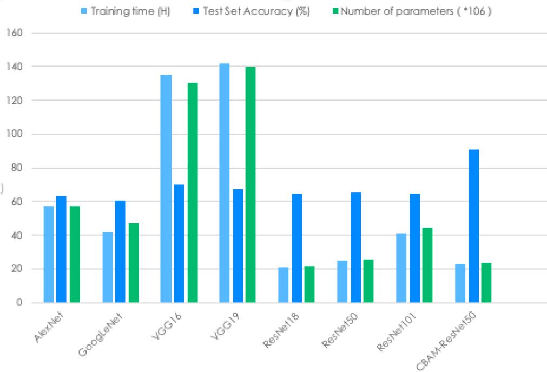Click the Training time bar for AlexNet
pyautogui.click(x=49, y=254)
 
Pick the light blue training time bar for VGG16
pyautogui.click(x=166, y=189)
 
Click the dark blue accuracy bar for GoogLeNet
pyautogui.click(x=120, y=251)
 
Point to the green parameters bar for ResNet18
pyautogui.click(x=309, y=284)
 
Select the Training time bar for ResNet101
pyautogui.click(x=401, y=268)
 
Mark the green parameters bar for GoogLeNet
pyautogui.click(x=133, y=263)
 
